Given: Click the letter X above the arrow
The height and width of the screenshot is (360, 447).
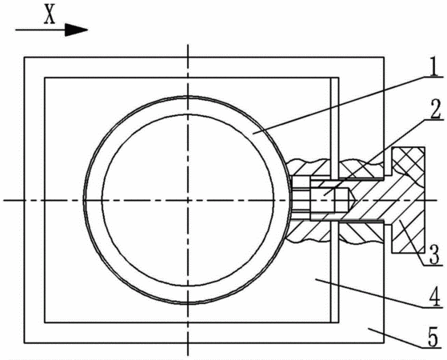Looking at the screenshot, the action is tap(50, 15).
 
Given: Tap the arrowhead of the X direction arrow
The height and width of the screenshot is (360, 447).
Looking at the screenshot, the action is tap(76, 30).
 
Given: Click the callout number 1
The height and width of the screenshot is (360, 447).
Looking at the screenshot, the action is tap(433, 66).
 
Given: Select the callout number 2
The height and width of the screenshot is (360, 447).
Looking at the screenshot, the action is tap(435, 110).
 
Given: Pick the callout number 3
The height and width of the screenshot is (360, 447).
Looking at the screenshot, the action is tap(434, 255).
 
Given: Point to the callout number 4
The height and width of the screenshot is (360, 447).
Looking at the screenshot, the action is tap(434, 298).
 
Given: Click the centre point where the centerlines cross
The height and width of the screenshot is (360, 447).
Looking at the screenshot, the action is tap(188, 200).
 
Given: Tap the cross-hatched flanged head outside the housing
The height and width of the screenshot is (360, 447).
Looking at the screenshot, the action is tap(409, 200).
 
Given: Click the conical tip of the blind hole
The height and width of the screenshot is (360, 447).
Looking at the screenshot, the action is tap(351, 200).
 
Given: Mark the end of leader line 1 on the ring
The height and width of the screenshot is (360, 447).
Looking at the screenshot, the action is tap(253, 133).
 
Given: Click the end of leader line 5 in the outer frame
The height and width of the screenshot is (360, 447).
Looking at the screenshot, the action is tap(368, 329).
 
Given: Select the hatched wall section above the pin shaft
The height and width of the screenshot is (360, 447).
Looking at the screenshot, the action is tap(337, 169).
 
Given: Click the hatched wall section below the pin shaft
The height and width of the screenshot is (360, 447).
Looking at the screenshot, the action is tap(337, 232).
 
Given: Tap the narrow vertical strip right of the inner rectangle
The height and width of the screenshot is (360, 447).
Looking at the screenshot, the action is tap(335, 200).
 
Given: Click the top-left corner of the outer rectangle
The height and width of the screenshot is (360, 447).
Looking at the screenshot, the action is tap(24, 58).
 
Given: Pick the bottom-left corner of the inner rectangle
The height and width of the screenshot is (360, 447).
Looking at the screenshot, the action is tap(45, 322).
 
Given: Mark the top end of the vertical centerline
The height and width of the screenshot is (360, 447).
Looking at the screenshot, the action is tap(188, 45).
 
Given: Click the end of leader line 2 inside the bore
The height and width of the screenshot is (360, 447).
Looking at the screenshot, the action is tap(324, 195).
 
